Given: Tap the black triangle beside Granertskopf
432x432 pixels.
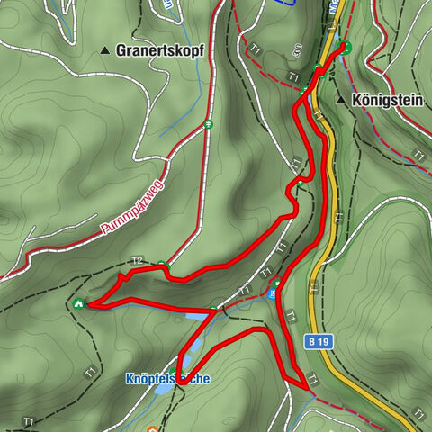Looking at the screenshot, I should click(105, 50).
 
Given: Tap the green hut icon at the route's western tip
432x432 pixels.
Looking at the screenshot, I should click(79, 303).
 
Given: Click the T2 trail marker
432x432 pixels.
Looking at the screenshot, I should click(137, 261).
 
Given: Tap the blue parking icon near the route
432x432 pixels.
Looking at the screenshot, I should click(275, 286).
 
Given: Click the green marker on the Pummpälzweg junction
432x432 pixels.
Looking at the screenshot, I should click(207, 124).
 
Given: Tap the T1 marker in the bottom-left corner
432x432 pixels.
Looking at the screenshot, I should click(30, 421).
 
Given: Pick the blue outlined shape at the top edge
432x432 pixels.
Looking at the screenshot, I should click(286, 3).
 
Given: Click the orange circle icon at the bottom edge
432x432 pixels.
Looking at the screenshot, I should click(152, 428).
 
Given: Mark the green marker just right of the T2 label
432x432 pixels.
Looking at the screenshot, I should click(161, 265).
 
